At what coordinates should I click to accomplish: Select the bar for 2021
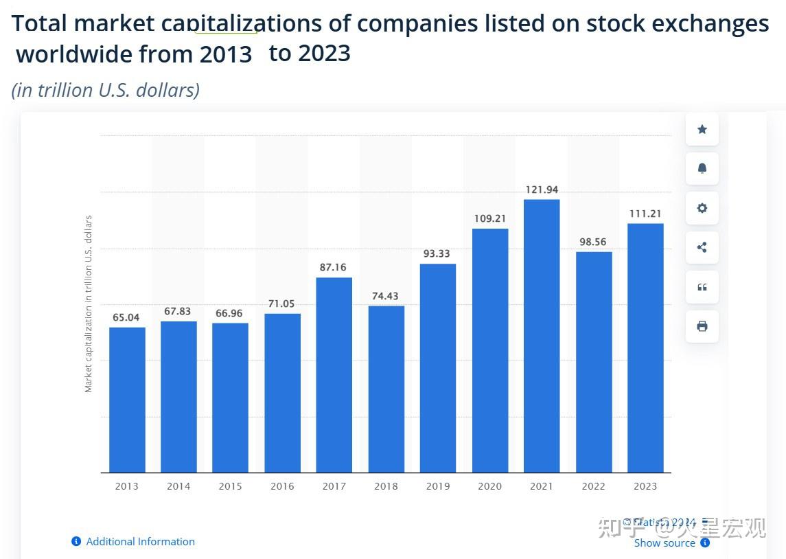542,336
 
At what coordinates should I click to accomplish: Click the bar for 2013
127,400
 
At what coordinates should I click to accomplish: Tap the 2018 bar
386,389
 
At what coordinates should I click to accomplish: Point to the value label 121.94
542,190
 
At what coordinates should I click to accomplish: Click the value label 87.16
333,267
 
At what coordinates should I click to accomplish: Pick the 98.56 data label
592,242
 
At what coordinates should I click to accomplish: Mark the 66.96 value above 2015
229,313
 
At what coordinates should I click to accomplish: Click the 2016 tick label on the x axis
282,486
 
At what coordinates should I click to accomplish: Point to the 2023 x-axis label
645,486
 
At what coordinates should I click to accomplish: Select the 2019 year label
438,486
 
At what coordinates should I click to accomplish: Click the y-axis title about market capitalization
89,304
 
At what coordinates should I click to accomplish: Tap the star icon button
702,129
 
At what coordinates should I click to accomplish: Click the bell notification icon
702,168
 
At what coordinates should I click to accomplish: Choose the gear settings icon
702,208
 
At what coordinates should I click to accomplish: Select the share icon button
702,247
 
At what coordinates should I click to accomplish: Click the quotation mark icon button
702,287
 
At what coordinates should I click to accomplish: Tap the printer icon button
702,326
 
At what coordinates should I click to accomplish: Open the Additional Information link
140,542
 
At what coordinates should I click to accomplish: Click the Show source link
664,543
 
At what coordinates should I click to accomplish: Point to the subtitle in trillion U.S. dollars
106,90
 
